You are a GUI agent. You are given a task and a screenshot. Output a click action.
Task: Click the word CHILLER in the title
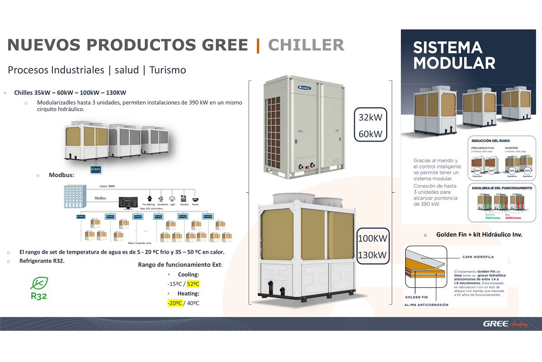click(306, 45)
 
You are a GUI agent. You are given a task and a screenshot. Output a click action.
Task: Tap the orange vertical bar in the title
click(258, 45)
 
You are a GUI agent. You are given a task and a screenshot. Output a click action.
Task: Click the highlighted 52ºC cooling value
click(193, 284)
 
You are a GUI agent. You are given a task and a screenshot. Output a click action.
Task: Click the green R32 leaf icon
click(39, 283)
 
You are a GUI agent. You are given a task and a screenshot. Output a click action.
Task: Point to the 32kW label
click(371, 117)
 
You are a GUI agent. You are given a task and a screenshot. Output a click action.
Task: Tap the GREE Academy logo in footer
click(505, 324)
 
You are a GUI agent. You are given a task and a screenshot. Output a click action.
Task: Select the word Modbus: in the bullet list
click(61, 175)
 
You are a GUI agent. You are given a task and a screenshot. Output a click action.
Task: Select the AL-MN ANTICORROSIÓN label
click(426, 305)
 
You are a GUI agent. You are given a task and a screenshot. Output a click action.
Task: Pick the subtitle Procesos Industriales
click(56, 70)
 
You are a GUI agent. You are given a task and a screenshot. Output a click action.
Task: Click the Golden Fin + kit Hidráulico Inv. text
click(479, 234)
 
